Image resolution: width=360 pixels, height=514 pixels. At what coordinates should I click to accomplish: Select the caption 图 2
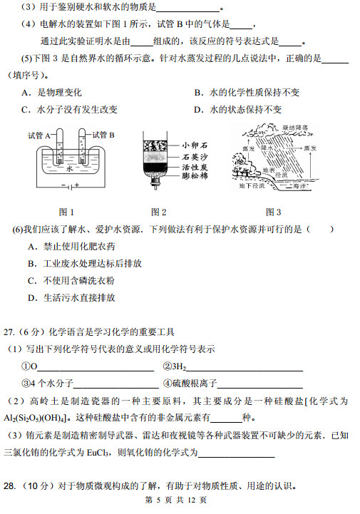[x=159, y=212]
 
